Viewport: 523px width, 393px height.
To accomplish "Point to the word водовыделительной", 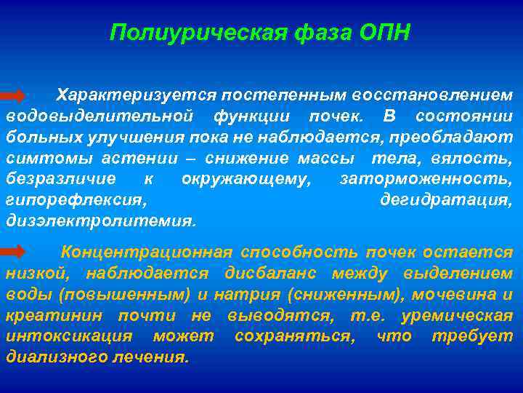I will click(100, 116).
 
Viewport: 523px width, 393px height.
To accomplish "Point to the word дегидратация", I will click(446, 199).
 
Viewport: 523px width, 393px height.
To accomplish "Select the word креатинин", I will click(46, 315).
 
